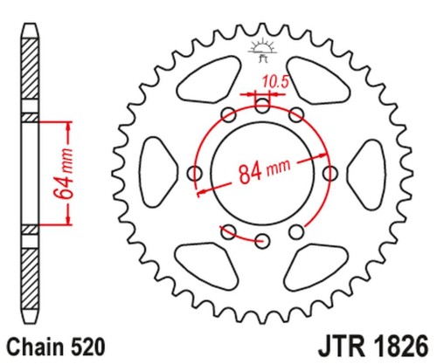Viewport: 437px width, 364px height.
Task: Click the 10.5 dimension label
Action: click(x=275, y=82)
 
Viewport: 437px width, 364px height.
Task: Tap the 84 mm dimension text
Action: click(x=265, y=172)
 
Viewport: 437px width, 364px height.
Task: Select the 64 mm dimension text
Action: click(x=65, y=174)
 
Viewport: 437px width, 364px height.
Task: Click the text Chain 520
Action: click(x=56, y=347)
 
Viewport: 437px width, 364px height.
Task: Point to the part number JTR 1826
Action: click(x=374, y=346)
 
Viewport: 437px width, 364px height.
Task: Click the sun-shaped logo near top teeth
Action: click(x=262, y=49)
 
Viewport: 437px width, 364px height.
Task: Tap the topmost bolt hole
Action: click(x=262, y=106)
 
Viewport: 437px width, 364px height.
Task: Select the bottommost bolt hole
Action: click(x=262, y=241)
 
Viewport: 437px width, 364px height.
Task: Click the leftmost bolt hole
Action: click(x=195, y=174)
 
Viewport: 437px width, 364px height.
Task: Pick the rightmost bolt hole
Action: click(x=330, y=174)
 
